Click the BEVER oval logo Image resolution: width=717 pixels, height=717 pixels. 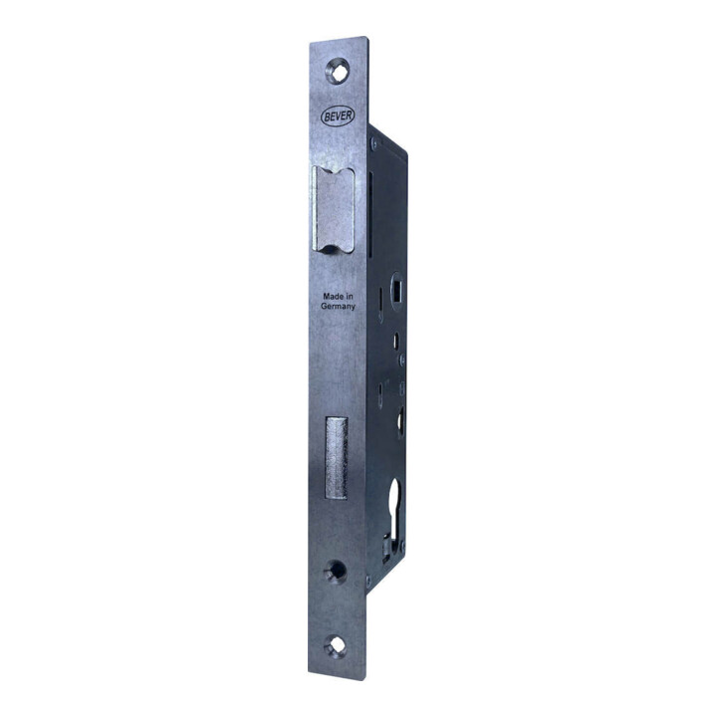(338, 116)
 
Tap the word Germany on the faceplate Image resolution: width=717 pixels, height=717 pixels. (338, 307)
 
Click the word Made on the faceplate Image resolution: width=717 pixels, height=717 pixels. (333, 297)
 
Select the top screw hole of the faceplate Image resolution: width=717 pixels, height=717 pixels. (338, 72)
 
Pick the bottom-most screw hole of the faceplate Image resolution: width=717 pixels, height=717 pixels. (336, 645)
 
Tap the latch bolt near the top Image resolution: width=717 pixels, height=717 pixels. (334, 209)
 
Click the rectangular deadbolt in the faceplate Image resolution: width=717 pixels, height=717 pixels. (337, 458)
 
